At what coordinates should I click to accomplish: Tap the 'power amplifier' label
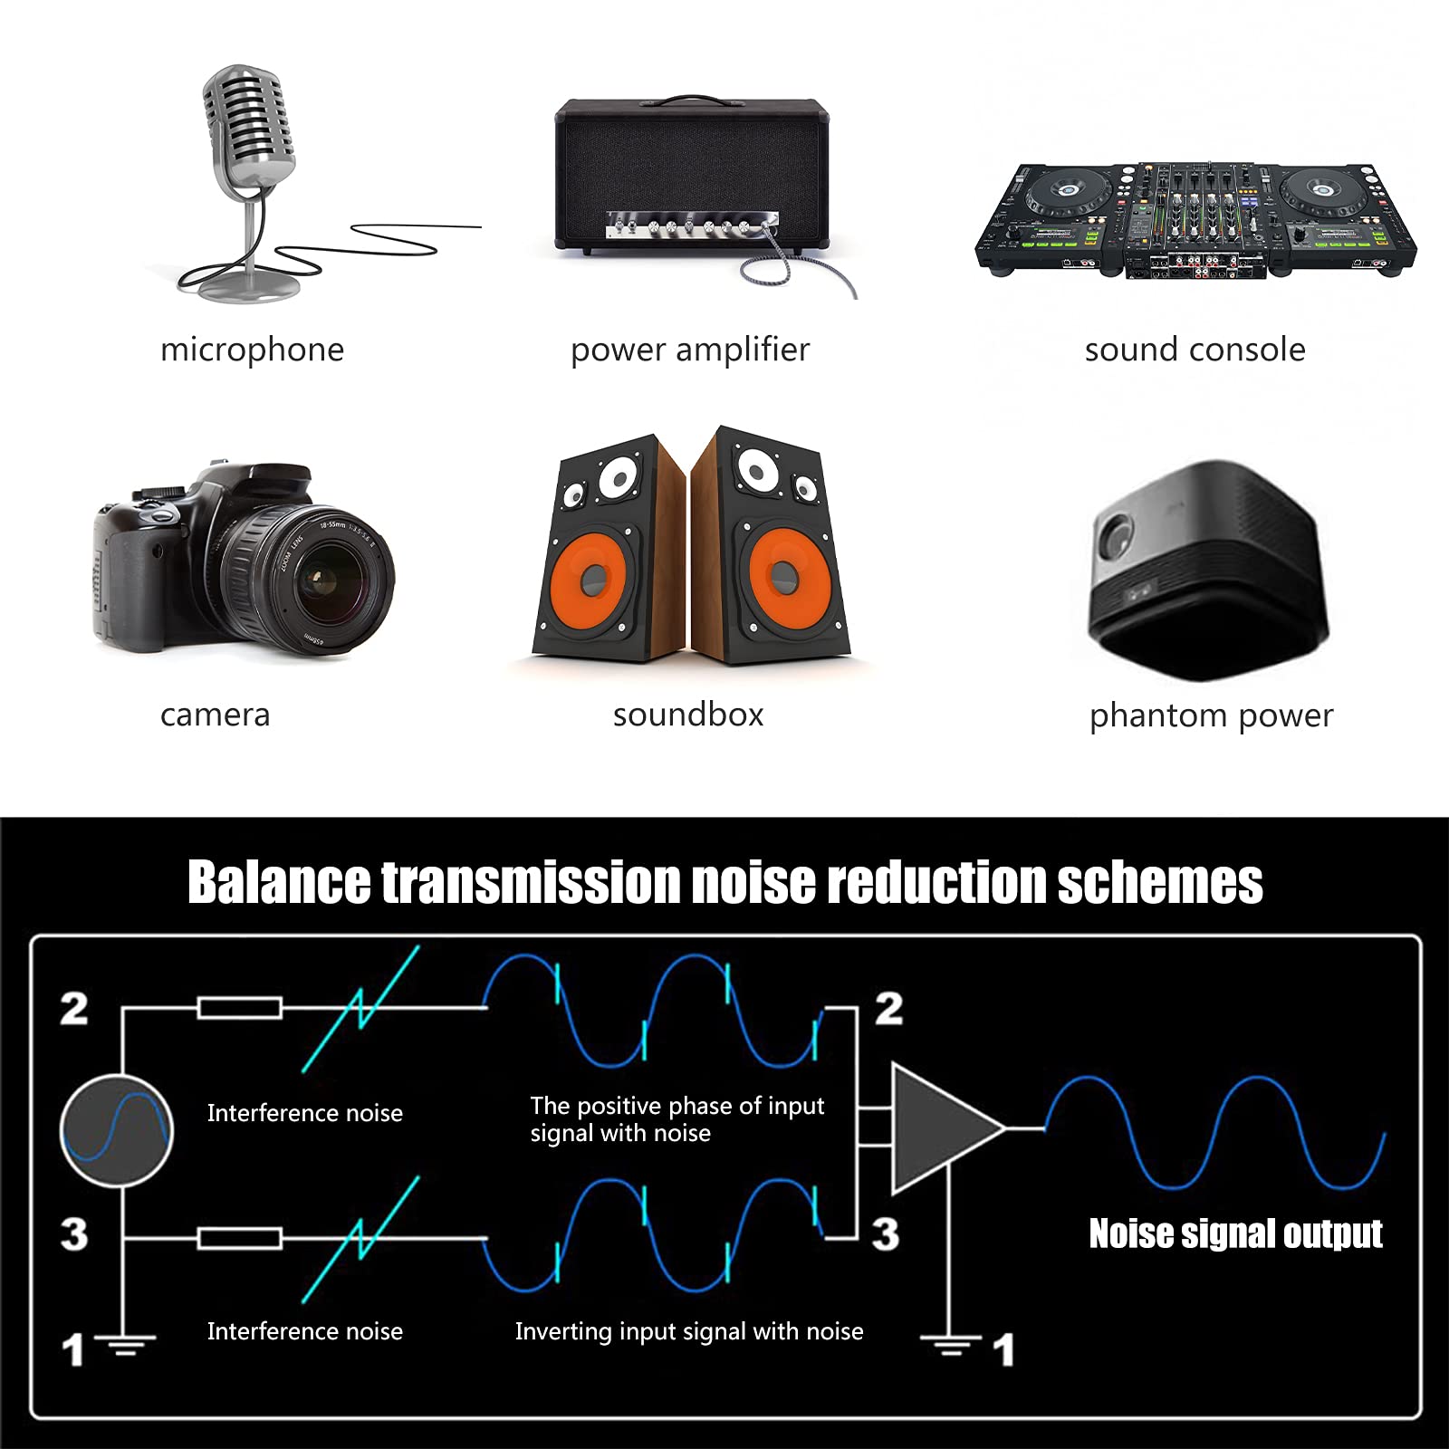click(x=690, y=350)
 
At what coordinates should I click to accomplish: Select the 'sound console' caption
click(x=1195, y=350)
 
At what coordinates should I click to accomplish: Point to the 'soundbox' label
click(x=688, y=715)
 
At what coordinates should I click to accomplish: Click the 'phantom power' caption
click(x=1211, y=715)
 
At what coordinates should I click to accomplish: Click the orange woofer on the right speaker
click(x=783, y=575)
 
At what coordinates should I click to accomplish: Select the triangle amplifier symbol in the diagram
click(x=942, y=1128)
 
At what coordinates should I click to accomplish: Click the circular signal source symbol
click(x=117, y=1130)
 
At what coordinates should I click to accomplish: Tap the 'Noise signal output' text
click(x=1235, y=1233)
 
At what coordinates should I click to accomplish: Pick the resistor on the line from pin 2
click(x=240, y=1007)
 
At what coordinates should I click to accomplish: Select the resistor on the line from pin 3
click(x=240, y=1238)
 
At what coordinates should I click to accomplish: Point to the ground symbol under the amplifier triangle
click(x=949, y=1344)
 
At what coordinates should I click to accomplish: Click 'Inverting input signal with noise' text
click(x=688, y=1331)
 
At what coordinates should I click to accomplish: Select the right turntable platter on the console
click(x=1323, y=190)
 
